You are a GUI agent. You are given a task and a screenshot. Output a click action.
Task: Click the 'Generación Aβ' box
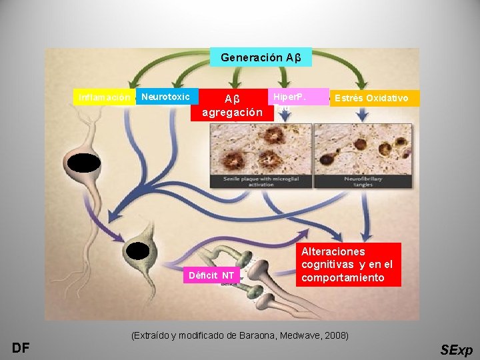point(261,57)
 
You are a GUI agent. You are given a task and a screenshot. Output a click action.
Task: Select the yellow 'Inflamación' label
point(105,97)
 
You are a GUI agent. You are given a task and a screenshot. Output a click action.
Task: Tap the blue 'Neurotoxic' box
point(167,97)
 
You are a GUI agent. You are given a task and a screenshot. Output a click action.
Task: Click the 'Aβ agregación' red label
point(233,105)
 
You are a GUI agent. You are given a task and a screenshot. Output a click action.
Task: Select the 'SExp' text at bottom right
point(457,350)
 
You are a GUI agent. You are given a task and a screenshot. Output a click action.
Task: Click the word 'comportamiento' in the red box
point(343,277)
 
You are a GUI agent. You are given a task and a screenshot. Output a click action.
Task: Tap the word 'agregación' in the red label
point(233,112)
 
